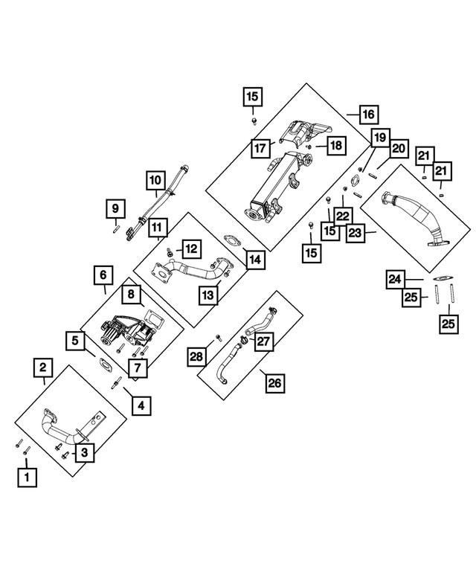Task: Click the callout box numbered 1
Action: click(x=27, y=478)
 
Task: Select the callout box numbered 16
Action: click(x=368, y=115)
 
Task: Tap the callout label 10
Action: click(x=155, y=180)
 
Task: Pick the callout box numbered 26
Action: click(x=275, y=383)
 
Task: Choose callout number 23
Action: click(x=356, y=233)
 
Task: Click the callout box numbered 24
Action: click(x=395, y=280)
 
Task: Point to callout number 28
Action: click(x=196, y=356)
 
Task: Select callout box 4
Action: click(x=141, y=406)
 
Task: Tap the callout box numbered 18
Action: click(x=336, y=146)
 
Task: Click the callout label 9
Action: click(x=115, y=208)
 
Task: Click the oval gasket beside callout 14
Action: click(x=232, y=240)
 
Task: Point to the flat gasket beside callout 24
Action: click(x=443, y=278)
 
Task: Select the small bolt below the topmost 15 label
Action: click(x=254, y=121)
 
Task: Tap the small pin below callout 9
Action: click(x=115, y=230)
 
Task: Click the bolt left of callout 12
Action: click(x=170, y=252)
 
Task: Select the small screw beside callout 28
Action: click(x=218, y=337)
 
